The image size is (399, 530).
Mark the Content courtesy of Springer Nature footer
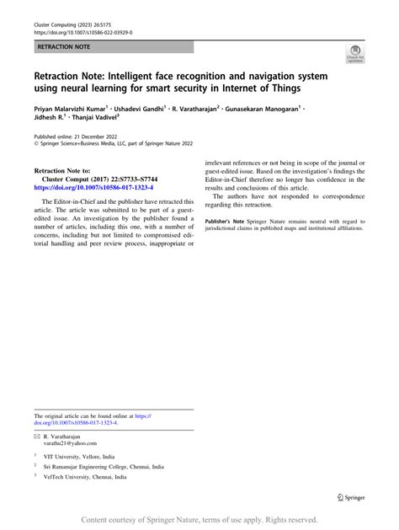point(199,520)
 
